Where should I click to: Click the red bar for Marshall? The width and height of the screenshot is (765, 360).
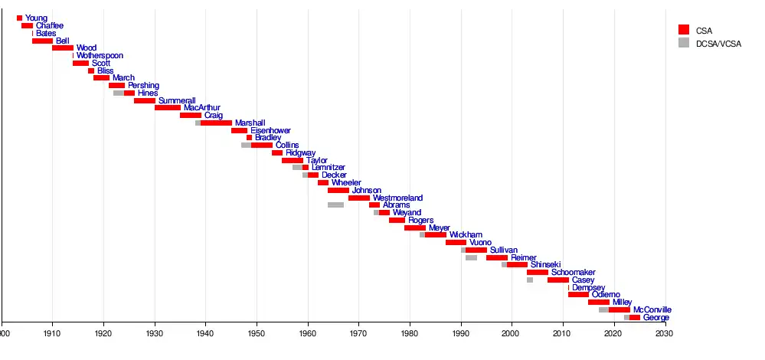[x=216, y=123]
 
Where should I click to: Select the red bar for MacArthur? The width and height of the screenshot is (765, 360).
[x=168, y=108]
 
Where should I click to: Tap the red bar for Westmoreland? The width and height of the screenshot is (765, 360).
[x=358, y=198]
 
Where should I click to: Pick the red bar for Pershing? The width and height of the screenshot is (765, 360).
[x=116, y=86]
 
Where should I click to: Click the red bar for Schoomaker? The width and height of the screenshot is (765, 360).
[x=537, y=272]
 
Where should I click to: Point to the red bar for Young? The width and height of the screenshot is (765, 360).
[x=19, y=18]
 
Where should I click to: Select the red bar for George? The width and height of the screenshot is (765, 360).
[x=634, y=317]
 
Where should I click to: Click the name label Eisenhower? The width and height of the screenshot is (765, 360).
[x=270, y=130]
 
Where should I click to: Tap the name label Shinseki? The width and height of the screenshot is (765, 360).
[x=546, y=265]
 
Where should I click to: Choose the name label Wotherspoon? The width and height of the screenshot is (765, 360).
[x=100, y=56]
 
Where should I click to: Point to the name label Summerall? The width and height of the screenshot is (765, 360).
[x=177, y=100]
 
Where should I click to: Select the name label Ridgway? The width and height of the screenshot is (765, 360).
[x=300, y=153]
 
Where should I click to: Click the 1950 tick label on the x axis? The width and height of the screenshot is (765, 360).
[x=257, y=333]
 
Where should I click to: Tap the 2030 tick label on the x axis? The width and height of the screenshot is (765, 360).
[x=665, y=333]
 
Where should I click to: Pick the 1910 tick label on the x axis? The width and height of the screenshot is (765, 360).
[x=53, y=333]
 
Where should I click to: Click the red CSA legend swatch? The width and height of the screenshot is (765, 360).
[x=684, y=30]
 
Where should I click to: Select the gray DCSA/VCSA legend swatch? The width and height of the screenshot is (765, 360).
[x=684, y=42]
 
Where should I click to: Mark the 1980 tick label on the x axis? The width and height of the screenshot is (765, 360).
[x=410, y=333]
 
